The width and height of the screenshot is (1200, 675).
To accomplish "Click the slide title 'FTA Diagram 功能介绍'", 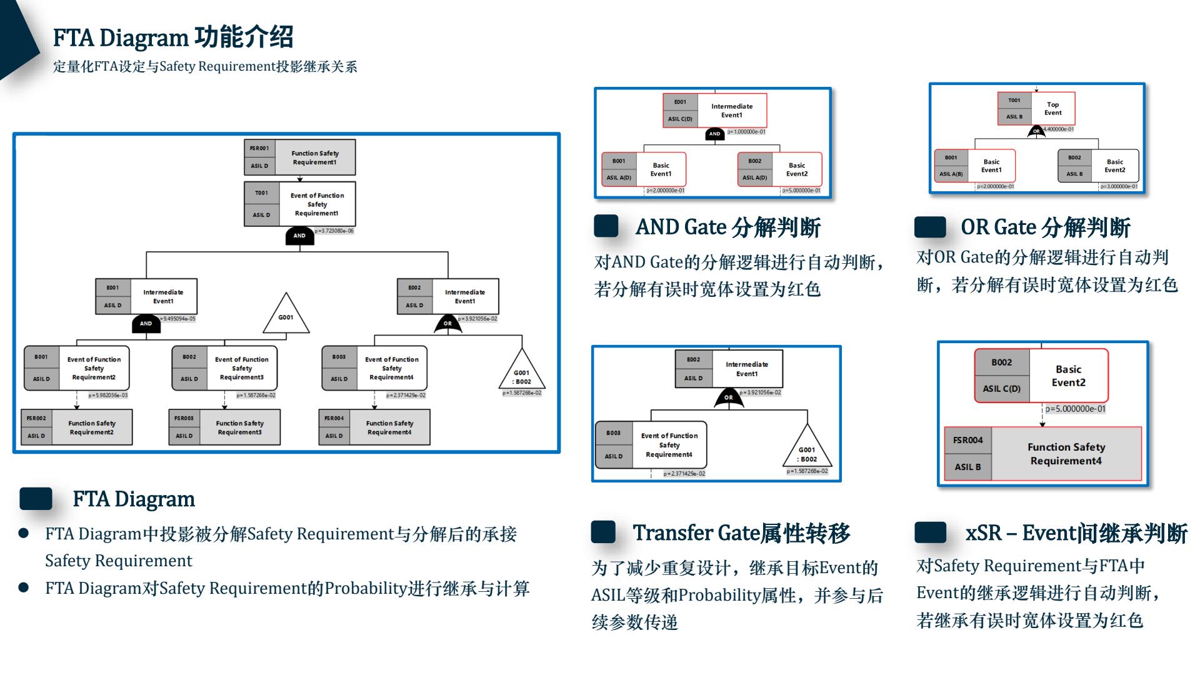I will (x=172, y=37).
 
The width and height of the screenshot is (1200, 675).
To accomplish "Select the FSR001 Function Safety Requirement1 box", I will (x=299, y=157).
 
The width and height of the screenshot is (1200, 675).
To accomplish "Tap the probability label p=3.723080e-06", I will (x=334, y=231).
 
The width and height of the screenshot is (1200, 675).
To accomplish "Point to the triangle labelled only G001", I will (x=286, y=315).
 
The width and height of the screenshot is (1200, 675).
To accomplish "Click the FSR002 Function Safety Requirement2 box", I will (x=77, y=427).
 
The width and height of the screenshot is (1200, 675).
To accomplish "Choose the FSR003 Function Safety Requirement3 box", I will (x=224, y=427).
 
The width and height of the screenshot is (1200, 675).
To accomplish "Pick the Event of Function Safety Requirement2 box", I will (x=77, y=368).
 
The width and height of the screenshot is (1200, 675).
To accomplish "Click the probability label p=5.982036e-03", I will (x=108, y=395).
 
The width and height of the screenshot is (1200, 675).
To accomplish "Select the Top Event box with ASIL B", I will (x=1036, y=109).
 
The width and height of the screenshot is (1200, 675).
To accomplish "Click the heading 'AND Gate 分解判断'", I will (x=727, y=227).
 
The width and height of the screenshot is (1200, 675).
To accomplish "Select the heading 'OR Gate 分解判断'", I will (x=1045, y=227).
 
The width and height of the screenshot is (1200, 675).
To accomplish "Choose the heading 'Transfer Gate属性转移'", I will (x=741, y=533).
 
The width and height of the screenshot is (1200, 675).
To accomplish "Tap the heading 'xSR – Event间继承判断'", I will (x=1076, y=533).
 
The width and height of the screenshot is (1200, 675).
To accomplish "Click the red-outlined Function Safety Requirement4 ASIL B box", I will (x=1042, y=454).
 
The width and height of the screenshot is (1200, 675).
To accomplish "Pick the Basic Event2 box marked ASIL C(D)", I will (x=1041, y=376).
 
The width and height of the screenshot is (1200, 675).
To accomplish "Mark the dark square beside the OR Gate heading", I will (x=930, y=227).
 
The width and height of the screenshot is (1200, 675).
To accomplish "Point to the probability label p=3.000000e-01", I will (x=1119, y=186).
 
